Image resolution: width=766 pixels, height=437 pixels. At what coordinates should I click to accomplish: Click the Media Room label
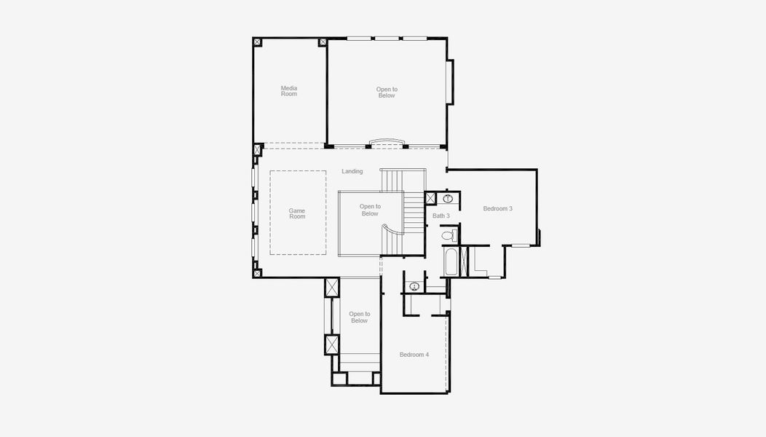pos(289,91)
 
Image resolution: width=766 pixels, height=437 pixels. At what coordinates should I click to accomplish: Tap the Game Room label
pos(297,214)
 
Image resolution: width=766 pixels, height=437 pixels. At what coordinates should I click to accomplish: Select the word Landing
pos(352,171)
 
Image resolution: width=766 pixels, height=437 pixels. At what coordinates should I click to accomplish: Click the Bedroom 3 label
pos(498,209)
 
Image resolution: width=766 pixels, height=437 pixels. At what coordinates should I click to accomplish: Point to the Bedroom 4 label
pos(414,355)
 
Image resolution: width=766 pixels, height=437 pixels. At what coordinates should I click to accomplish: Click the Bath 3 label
pos(441,216)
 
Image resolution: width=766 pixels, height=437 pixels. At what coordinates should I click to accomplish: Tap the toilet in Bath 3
pos(450,235)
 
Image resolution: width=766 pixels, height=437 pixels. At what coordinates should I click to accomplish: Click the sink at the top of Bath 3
pos(449,198)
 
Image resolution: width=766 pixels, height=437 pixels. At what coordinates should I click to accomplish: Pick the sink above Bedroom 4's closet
pos(414,286)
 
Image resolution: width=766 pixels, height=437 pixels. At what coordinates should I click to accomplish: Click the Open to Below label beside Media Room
pos(387,92)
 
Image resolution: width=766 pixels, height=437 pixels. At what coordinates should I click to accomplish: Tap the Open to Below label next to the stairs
pos(370,210)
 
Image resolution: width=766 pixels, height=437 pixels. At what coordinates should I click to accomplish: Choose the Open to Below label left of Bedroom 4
pos(359,318)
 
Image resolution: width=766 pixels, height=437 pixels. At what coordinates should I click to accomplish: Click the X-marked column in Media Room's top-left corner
pos(257,42)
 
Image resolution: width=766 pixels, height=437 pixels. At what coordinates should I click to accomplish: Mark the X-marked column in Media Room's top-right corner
pos(322,42)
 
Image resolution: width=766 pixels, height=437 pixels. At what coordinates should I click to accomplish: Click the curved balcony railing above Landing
pos(387,141)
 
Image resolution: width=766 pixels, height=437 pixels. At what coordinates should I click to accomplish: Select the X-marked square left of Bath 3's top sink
pos(430,198)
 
